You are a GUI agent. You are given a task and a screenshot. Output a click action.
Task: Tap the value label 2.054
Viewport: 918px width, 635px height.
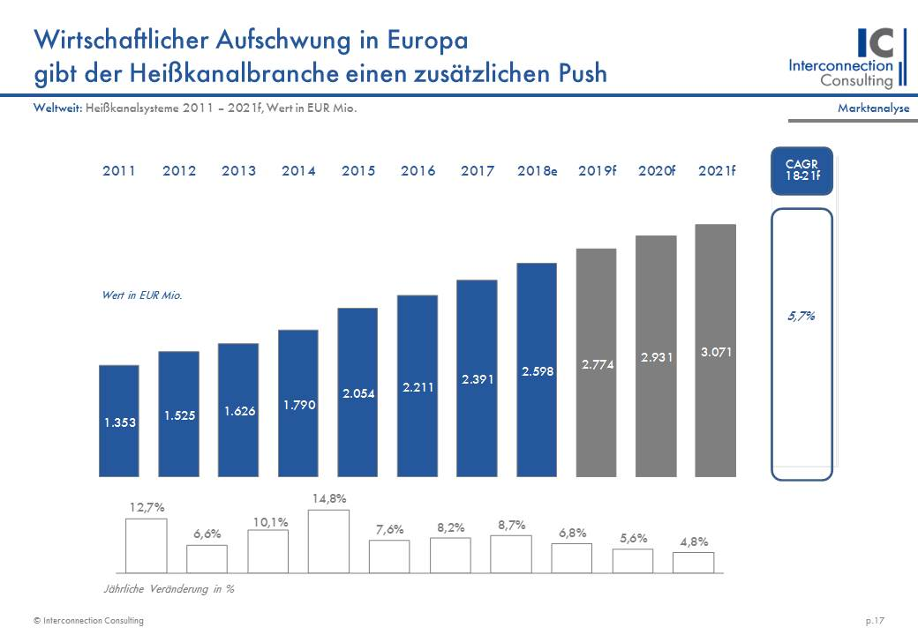tap(358, 393)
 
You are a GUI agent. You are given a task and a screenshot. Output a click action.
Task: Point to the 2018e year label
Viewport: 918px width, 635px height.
tap(538, 171)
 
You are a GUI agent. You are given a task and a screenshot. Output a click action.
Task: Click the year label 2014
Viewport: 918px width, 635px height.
tap(298, 171)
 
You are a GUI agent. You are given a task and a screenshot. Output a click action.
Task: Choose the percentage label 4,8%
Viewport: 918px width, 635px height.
tap(694, 542)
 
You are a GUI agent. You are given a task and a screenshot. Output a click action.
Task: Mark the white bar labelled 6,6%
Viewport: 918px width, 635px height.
tap(207, 558)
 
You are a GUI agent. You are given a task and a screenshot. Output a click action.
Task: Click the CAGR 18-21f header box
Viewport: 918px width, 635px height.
tap(801, 169)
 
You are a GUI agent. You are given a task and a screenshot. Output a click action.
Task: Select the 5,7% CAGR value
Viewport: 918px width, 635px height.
tap(801, 316)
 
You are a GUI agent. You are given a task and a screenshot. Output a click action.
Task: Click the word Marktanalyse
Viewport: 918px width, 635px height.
tap(873, 108)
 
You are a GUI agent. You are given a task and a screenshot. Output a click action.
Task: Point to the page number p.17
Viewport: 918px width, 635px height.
tap(877, 621)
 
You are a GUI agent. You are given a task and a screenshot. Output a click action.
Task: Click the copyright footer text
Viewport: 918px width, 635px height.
tap(88, 621)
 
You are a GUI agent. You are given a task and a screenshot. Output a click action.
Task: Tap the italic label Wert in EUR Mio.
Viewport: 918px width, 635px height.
tap(142, 296)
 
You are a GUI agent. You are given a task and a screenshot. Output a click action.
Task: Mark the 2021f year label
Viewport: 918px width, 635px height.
tap(717, 171)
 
